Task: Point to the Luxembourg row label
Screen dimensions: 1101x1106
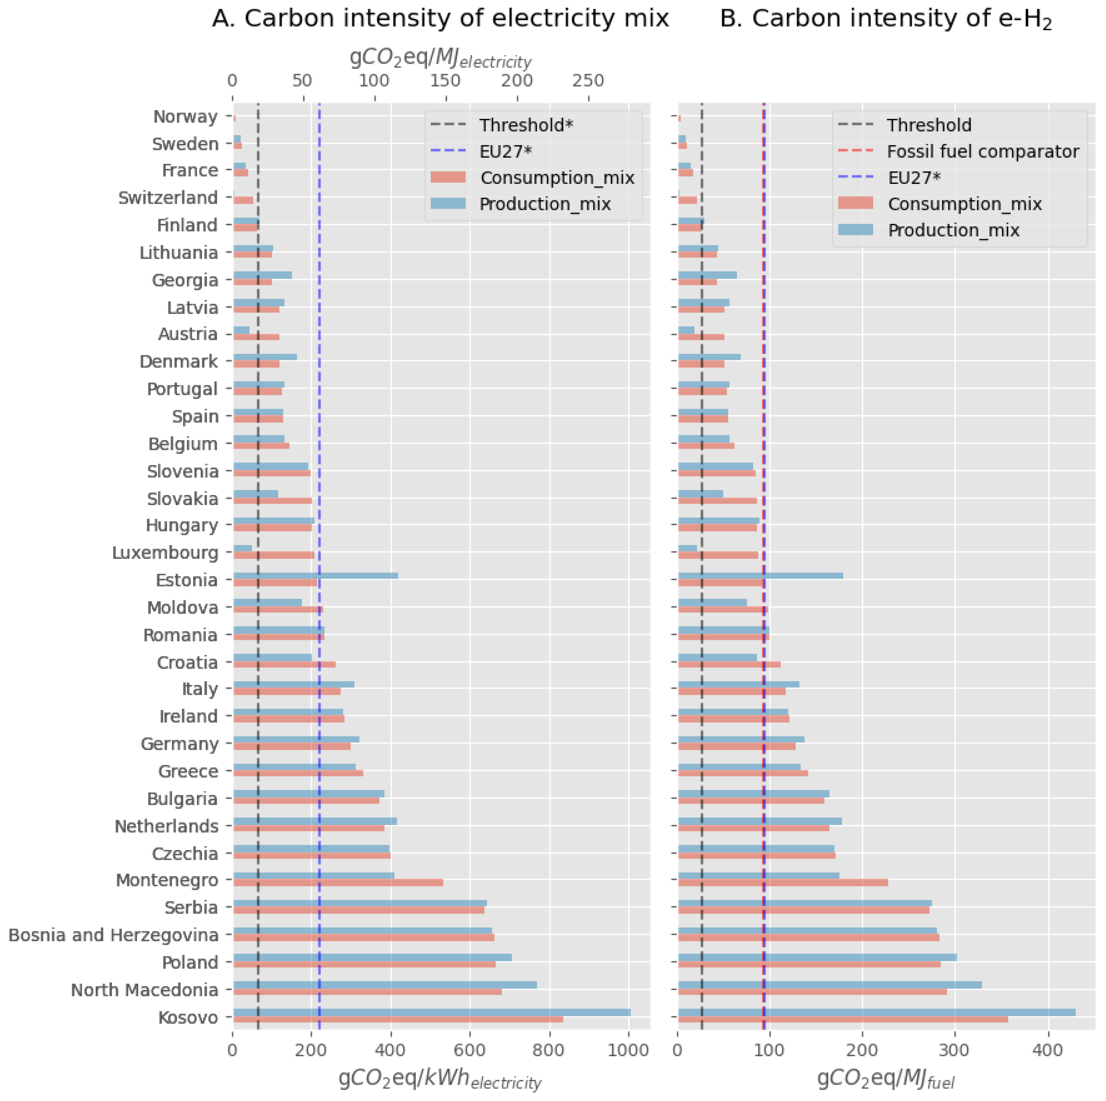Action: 165,553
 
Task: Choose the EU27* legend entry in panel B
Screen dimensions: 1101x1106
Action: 913,178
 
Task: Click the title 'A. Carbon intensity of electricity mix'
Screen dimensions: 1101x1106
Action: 440,19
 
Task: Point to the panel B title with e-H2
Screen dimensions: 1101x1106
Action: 885,19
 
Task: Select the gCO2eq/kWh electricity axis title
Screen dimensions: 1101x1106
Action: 440,1079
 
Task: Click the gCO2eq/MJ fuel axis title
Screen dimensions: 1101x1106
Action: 885,1079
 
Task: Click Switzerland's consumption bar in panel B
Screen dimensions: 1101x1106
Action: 687,200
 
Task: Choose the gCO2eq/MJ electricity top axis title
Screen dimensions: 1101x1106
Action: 440,58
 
